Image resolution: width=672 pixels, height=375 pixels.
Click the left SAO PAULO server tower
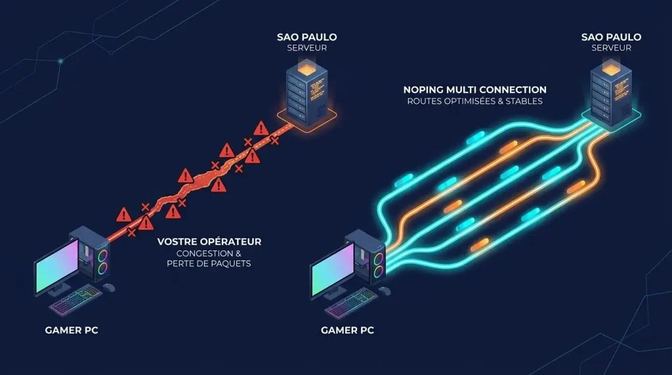307,92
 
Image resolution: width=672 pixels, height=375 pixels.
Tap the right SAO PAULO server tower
611,92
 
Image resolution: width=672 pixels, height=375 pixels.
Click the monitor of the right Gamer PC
332,269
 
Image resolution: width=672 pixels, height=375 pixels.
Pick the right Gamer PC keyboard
352,303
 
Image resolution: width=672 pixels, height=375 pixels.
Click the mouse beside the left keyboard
109,287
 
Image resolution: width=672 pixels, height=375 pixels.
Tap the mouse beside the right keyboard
385,290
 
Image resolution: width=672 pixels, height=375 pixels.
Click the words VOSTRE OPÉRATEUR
209,241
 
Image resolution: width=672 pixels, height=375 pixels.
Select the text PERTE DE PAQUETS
209,264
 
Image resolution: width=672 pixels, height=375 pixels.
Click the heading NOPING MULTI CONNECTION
475,90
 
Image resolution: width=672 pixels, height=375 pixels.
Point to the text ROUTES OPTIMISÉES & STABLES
475,102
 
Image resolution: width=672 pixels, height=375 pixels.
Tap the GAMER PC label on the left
72,330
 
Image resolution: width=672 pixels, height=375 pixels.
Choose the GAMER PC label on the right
347,330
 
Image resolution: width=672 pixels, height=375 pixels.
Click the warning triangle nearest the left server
261,128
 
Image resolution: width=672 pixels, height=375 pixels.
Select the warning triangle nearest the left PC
124,215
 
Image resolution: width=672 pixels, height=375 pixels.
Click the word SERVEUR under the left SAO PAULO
307,48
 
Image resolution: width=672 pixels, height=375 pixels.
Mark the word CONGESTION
205,254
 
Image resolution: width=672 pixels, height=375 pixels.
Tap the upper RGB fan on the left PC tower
102,256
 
